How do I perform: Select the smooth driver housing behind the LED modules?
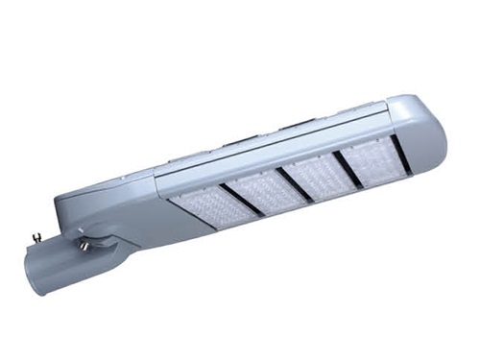point(125,197)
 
